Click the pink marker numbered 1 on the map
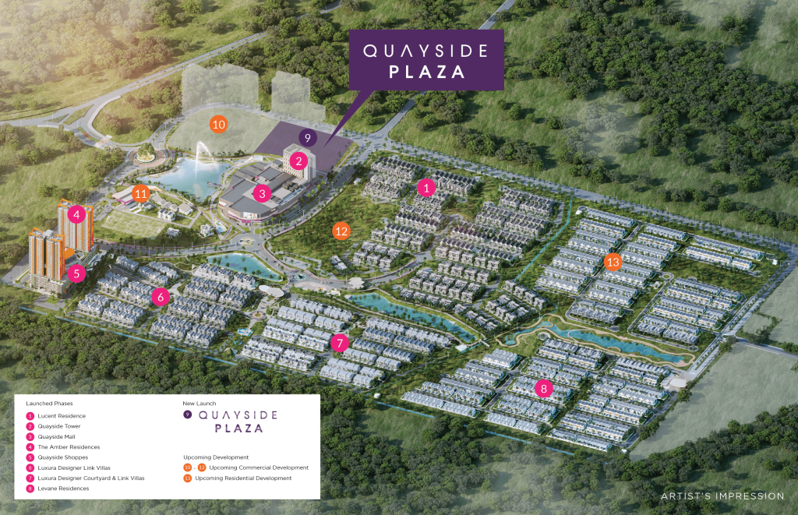pyautogui.click(x=425, y=188)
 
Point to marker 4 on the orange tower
pyautogui.click(x=76, y=214)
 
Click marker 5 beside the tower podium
pyautogui.click(x=76, y=273)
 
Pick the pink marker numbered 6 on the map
pyautogui.click(x=161, y=296)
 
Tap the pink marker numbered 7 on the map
pyautogui.click(x=338, y=343)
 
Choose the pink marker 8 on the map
pyautogui.click(x=545, y=387)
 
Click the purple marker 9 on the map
pyautogui.click(x=308, y=138)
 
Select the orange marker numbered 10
pyautogui.click(x=219, y=124)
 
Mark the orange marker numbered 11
pyautogui.click(x=141, y=193)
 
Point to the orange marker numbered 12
pyautogui.click(x=341, y=231)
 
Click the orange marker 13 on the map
pyautogui.click(x=613, y=262)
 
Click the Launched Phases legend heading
pyautogui.click(x=49, y=404)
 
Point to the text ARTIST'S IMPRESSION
pyautogui.click(x=722, y=496)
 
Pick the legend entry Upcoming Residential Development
pyautogui.click(x=243, y=478)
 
